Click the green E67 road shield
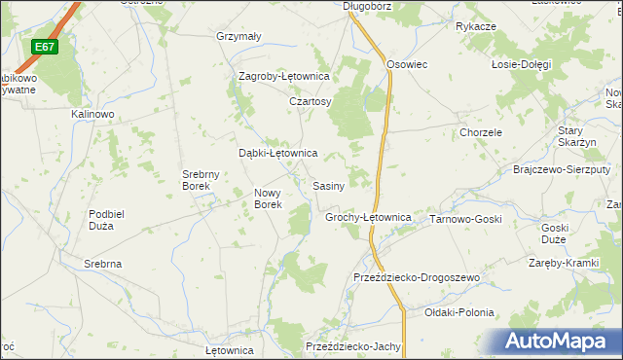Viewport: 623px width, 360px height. click(44, 47)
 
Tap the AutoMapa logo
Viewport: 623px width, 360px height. click(561, 342)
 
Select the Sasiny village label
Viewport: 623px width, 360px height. click(328, 185)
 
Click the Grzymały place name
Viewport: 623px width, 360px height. click(238, 37)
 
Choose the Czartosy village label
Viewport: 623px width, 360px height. click(311, 101)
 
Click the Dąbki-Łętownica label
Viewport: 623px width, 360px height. click(278, 153)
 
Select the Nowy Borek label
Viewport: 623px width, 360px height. click(268, 198)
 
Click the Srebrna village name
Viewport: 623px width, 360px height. click(102, 264)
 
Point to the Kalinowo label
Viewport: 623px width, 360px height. click(92, 114)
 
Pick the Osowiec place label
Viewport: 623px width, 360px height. click(408, 64)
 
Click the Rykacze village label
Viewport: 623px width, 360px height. click(476, 26)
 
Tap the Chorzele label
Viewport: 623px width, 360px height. click(481, 132)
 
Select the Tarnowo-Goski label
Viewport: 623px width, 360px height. click(465, 219)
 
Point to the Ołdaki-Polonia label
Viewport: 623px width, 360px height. click(459, 312)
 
